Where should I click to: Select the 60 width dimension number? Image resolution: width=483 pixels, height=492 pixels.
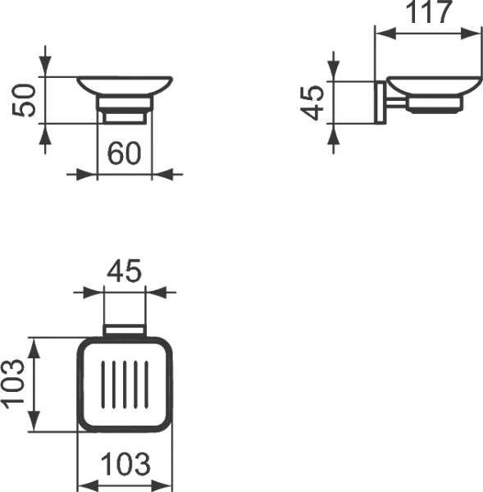click(125, 153)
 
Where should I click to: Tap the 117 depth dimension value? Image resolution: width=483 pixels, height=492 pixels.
click(427, 13)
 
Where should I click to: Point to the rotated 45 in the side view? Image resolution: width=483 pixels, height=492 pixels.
click(312, 102)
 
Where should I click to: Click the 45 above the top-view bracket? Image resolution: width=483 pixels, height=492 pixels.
click(123, 271)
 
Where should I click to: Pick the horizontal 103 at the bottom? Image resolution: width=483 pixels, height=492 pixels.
click(125, 465)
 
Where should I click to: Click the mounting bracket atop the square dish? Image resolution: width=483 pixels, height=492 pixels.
click(125, 330)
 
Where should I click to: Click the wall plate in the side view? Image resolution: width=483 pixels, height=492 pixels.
click(380, 102)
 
